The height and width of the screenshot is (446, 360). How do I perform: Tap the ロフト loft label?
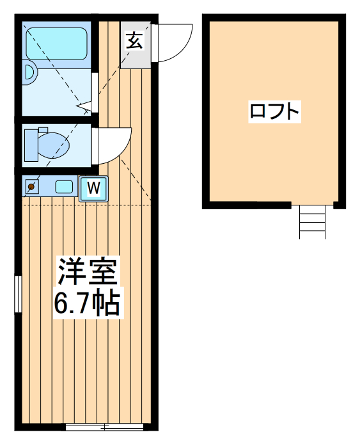[274, 111]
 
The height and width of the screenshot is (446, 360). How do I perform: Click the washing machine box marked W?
[93, 188]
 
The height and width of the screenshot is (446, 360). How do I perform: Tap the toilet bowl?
[54, 145]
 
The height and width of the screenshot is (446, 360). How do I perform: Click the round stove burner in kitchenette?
[31, 187]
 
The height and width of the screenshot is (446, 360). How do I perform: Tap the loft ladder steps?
[313, 221]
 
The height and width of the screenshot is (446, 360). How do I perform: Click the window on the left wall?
[18, 294]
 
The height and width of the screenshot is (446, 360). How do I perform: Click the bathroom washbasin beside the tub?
[29, 72]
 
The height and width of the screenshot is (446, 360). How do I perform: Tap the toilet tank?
[29, 145]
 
